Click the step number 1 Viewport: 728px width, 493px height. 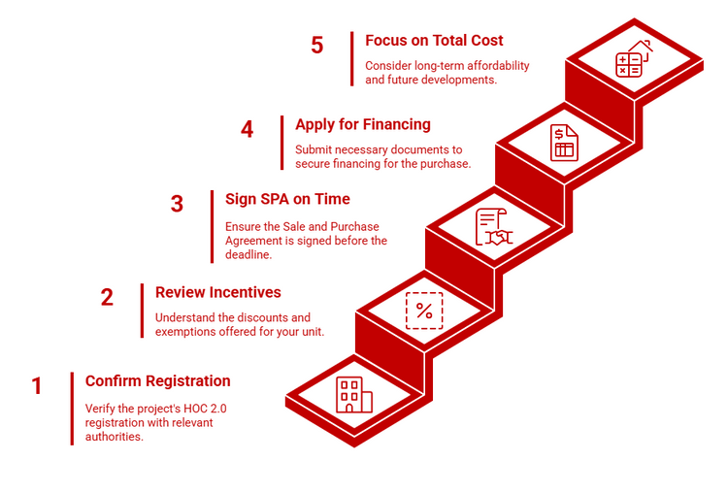tap(37, 386)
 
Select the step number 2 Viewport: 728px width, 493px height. tap(107, 298)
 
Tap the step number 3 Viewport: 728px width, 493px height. tap(177, 204)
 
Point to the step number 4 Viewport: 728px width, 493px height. tap(247, 129)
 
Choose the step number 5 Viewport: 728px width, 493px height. tap(316, 46)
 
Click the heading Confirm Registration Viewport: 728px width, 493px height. tap(157, 380)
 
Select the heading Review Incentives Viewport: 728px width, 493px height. tap(217, 292)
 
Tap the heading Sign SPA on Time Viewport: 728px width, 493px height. tap(287, 199)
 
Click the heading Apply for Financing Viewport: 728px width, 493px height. tap(362, 124)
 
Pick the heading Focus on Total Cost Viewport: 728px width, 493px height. tap(434, 41)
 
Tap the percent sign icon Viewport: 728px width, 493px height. tap(424, 311)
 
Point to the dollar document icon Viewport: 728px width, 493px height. tap(563, 143)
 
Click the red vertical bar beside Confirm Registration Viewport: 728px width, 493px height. tap(72, 409)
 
